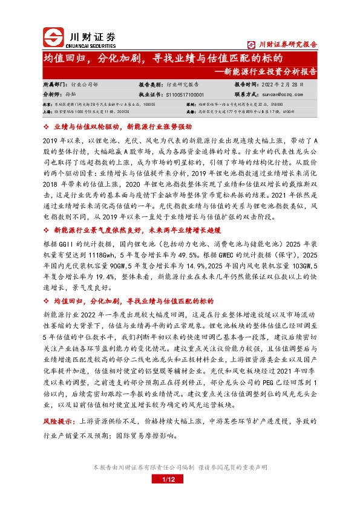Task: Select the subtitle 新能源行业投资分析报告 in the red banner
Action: (x=266, y=71)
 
